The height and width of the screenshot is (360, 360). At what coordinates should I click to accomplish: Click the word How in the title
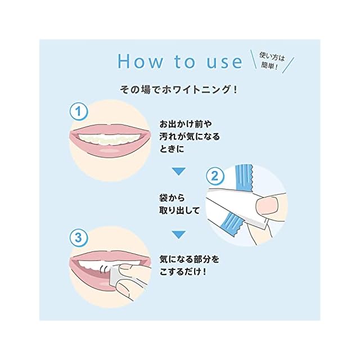click(x=140, y=61)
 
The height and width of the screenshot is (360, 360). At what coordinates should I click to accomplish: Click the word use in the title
click(x=224, y=62)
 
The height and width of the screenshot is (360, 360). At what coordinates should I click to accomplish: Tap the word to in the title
click(x=184, y=61)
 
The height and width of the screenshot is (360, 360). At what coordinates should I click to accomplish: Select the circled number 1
click(x=79, y=112)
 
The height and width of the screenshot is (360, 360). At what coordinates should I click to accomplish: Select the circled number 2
click(x=215, y=177)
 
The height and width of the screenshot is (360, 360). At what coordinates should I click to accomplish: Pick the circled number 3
click(x=79, y=237)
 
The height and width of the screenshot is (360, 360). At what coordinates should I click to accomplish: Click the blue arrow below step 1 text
click(x=179, y=172)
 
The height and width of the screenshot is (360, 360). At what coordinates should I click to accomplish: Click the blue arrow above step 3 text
click(x=179, y=235)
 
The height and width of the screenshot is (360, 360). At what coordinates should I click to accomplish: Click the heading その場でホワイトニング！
click(x=179, y=89)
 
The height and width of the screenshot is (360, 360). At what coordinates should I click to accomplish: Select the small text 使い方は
click(x=272, y=57)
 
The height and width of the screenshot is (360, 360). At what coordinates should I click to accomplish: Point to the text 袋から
click(x=172, y=198)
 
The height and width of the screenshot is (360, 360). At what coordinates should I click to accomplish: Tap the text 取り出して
click(x=180, y=210)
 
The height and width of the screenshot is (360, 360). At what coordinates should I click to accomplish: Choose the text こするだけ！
click(x=183, y=272)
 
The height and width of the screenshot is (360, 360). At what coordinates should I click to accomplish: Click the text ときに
click(x=172, y=149)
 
